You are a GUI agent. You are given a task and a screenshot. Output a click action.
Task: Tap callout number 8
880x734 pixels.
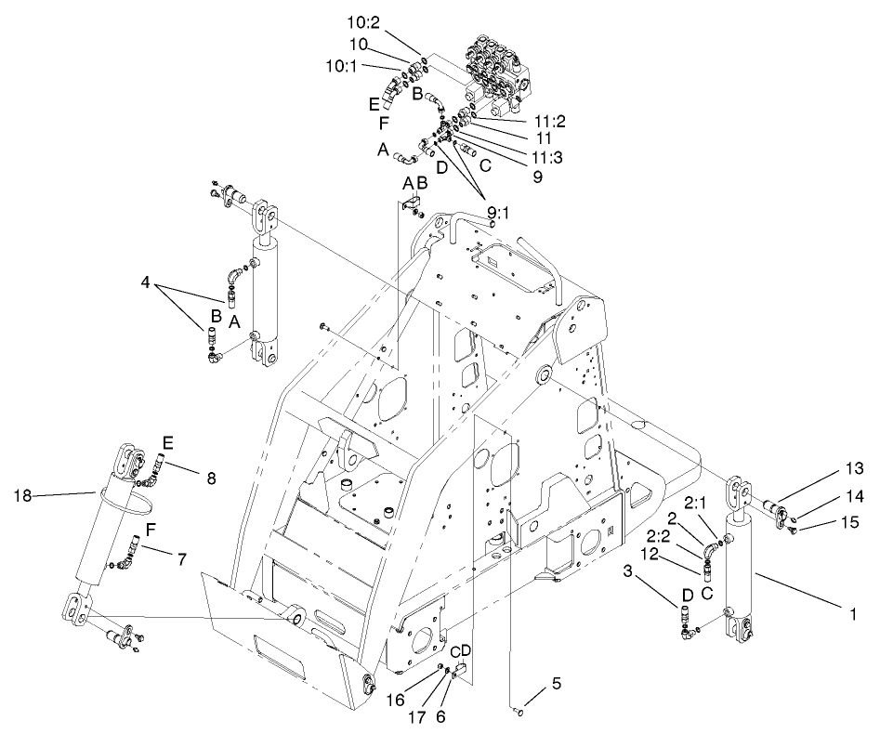211,479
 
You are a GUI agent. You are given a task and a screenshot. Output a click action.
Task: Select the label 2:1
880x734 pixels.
697,504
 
